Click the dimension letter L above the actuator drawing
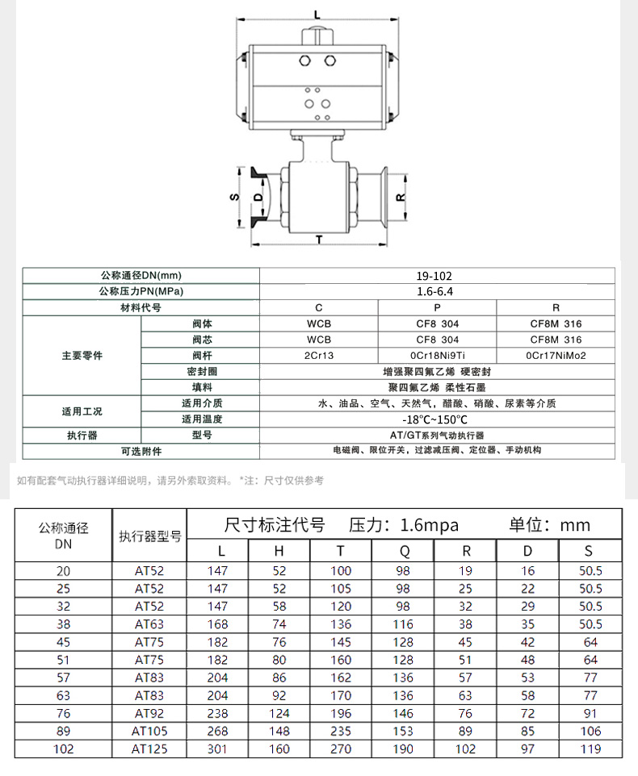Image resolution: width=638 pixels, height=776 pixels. pyautogui.click(x=317, y=14)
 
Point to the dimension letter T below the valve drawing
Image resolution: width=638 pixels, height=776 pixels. pyautogui.click(x=319, y=240)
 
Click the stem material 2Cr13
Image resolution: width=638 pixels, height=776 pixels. pyautogui.click(x=319, y=355)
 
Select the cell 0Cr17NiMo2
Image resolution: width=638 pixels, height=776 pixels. pyautogui.click(x=555, y=355)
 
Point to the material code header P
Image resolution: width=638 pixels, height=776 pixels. pyautogui.click(x=437, y=307)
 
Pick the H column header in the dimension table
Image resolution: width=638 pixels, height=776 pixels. pyautogui.click(x=279, y=551)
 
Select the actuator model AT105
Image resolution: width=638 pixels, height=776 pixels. pyautogui.click(x=149, y=731)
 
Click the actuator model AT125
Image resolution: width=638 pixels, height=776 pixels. pyautogui.click(x=149, y=749)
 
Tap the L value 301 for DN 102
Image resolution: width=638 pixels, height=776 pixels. pyautogui.click(x=217, y=749)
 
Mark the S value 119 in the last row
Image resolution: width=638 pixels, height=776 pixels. pyautogui.click(x=590, y=749)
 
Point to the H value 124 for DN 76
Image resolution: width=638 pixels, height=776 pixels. pyautogui.click(x=279, y=713)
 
